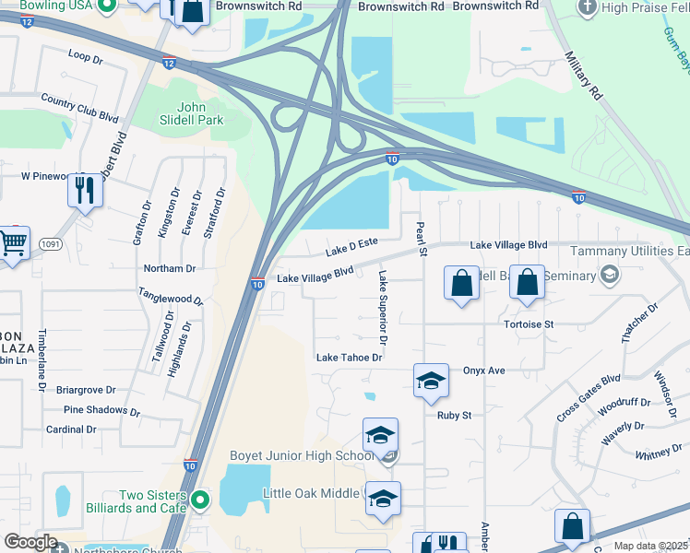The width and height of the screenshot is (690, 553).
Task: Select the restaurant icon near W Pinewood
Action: pyautogui.click(x=85, y=191)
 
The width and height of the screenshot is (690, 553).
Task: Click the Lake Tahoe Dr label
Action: pyautogui.click(x=349, y=357)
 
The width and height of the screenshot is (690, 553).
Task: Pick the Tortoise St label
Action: pyautogui.click(x=529, y=324)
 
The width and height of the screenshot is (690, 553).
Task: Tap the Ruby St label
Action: pyautogui.click(x=454, y=415)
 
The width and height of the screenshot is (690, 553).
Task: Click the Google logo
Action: pyautogui.click(x=30, y=542)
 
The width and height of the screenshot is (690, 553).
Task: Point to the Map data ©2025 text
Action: pyautogui.click(x=650, y=546)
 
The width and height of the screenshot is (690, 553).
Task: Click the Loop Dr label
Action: pyautogui.click(x=86, y=56)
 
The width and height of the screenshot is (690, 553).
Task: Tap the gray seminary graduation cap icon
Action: pyautogui.click(x=609, y=274)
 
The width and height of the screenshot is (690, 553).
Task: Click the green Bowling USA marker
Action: pyautogui.click(x=107, y=6)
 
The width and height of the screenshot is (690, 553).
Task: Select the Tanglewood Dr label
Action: pyautogui.click(x=171, y=300)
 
